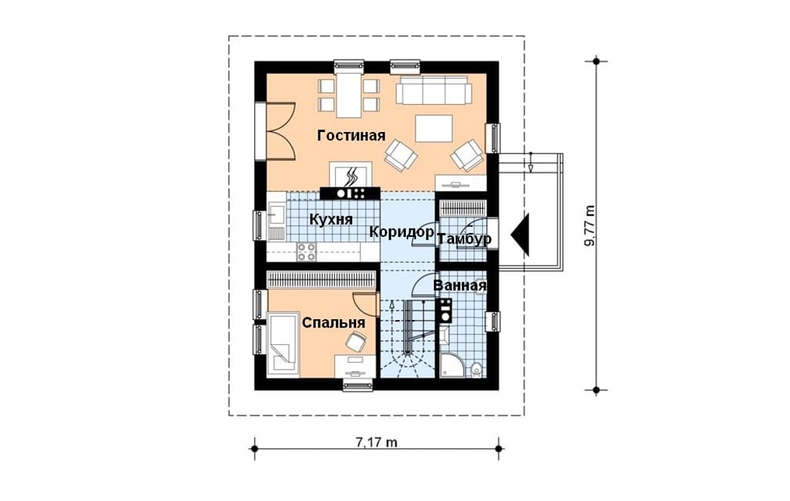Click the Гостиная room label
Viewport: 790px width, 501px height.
(x=351, y=136)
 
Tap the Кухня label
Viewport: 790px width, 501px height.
(x=331, y=220)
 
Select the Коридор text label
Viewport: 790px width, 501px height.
(x=401, y=232)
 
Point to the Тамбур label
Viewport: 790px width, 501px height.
(x=465, y=240)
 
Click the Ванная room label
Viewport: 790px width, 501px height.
(x=460, y=286)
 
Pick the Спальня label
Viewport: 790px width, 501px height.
(x=334, y=323)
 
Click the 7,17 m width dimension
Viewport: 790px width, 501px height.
(x=377, y=443)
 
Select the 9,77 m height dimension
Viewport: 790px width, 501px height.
(x=589, y=226)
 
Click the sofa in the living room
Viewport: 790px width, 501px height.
(x=434, y=90)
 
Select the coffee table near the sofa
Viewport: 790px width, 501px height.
(x=434, y=128)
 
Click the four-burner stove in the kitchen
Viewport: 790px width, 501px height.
(x=306, y=251)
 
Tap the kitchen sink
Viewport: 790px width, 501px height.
(x=275, y=221)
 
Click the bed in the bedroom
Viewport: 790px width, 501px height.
(x=283, y=345)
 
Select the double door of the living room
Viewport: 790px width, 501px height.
(x=281, y=131)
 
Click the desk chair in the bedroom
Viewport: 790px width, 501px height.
(x=356, y=343)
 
